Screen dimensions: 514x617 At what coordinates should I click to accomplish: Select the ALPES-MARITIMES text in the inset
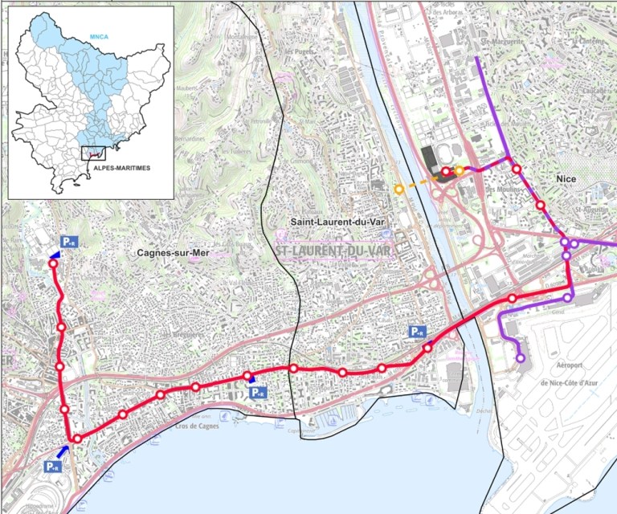coord(124,169)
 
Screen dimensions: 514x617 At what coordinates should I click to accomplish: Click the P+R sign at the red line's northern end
coord(68,242)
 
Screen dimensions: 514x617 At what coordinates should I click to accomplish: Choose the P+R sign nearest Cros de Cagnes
coord(257,393)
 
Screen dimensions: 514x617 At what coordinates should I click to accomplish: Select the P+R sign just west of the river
coord(416,331)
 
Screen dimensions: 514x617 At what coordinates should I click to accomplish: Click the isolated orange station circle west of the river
coord(399,190)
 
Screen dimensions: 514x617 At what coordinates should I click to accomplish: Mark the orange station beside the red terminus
coord(459,170)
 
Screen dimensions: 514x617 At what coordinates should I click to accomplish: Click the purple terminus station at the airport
coord(521,358)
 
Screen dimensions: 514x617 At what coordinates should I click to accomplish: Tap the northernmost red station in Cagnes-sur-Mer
coord(53,263)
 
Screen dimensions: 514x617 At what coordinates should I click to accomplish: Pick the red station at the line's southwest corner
coord(77,439)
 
